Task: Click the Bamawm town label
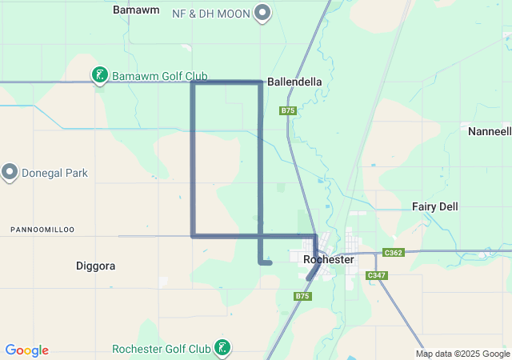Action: [x=136, y=10]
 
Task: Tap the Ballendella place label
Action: [x=294, y=82]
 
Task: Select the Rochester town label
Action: [x=328, y=260]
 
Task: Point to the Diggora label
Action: [x=95, y=265]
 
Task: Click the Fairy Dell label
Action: [x=435, y=206]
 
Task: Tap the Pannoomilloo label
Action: [x=42, y=230]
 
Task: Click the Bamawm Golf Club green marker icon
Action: [x=99, y=76]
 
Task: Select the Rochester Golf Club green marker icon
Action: [x=223, y=348]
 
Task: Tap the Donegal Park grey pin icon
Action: [x=10, y=172]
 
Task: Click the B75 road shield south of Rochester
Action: [x=302, y=296]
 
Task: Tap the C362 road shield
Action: [x=393, y=252]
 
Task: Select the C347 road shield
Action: [x=376, y=275]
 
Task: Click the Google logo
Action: [x=26, y=350]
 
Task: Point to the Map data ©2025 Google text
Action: [x=462, y=354]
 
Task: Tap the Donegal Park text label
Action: [x=54, y=173]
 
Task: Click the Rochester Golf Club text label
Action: [x=161, y=349]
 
